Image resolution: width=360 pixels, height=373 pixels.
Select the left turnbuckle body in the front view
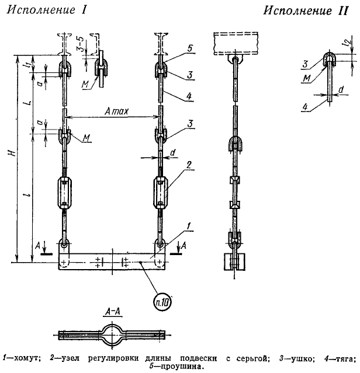pos(64,193)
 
